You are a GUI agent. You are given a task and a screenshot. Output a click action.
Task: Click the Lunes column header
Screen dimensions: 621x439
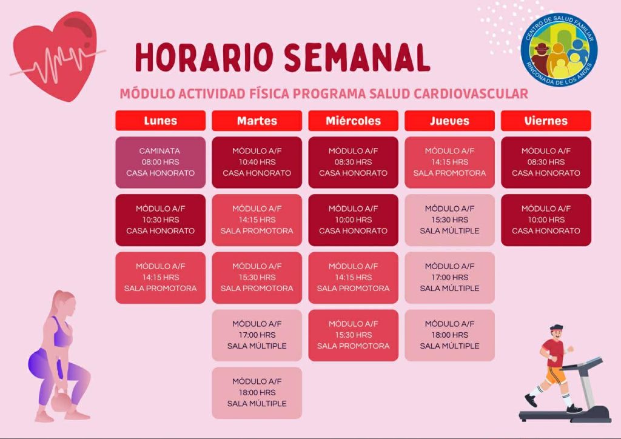160,120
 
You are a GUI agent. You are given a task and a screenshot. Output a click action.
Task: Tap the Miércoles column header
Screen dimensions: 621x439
354,120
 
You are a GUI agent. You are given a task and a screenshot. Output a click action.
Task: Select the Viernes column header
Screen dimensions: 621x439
546,120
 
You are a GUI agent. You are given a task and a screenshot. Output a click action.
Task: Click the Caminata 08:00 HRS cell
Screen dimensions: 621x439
160,163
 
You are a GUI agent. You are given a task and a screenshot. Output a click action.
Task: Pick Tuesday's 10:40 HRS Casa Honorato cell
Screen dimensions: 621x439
257,163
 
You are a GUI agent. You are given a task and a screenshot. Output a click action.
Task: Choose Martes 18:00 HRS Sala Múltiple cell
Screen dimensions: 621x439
257,393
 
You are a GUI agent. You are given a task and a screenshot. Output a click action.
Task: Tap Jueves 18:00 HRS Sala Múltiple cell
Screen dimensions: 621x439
449,335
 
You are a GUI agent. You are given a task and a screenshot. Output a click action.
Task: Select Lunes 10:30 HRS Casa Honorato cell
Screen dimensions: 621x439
160,220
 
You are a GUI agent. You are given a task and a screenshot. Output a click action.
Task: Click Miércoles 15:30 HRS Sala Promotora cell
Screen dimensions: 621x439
354,335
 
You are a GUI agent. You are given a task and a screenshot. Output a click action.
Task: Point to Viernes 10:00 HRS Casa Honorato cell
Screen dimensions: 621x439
546,220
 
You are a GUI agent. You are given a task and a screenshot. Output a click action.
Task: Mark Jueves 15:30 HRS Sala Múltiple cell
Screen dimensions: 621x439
449,220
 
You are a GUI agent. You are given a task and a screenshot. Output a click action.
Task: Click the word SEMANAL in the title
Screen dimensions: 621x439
357,58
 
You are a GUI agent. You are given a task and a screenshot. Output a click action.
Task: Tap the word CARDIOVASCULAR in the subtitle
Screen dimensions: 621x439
471,94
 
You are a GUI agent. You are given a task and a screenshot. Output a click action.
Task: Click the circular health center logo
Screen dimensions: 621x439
559,50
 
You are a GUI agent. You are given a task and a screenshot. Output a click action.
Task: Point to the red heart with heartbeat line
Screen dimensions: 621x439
55,56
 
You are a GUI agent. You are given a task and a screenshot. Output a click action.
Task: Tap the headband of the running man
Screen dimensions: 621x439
556,328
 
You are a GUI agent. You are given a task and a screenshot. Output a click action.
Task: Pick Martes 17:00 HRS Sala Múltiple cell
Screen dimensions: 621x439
257,335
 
